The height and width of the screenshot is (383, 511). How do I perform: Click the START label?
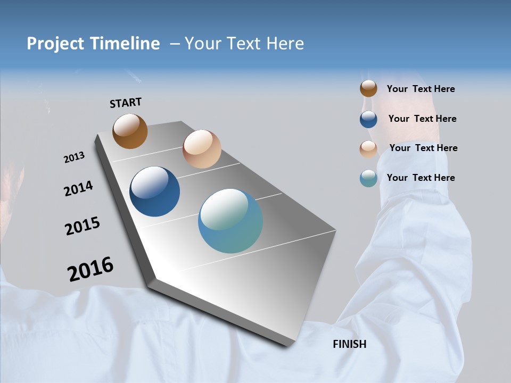point(126,103)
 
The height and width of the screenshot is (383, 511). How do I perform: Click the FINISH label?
point(349,344)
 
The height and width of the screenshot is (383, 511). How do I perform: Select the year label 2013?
point(74,157)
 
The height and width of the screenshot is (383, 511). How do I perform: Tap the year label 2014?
point(78,188)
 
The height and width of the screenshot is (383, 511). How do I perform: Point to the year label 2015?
point(82,226)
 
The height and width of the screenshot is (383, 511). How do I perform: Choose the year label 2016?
point(90,269)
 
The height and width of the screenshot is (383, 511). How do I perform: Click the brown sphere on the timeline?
point(130,131)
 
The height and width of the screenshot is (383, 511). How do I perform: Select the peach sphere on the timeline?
point(202,149)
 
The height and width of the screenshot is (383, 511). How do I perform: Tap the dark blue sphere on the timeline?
point(154,191)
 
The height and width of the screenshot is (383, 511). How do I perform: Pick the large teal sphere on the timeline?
point(230,221)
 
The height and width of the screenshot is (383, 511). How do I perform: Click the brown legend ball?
point(368,89)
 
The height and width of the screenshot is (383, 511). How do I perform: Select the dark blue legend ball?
point(368,119)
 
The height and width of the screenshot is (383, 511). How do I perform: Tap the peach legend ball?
point(368,148)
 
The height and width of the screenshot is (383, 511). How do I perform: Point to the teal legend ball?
point(368,178)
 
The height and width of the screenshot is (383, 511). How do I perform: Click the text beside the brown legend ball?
point(421,89)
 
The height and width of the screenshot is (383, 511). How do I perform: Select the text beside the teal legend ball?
point(421,178)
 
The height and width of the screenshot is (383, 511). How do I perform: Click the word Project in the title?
point(55,44)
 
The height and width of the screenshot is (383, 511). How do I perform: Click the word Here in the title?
point(285,44)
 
